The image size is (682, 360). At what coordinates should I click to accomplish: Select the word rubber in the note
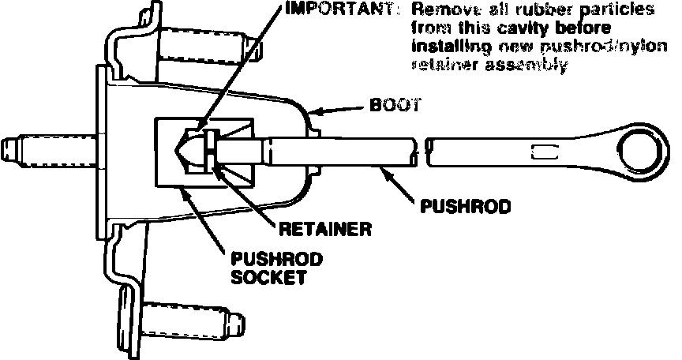[537, 11]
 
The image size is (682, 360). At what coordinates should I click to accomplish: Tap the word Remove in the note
[444, 11]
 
